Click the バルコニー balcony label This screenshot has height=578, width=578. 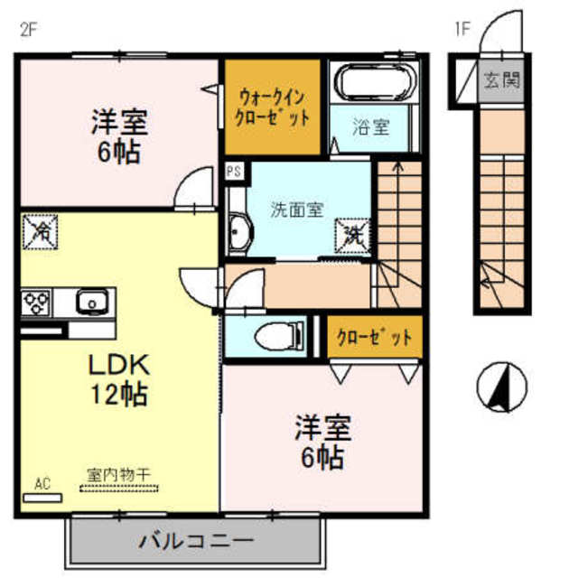[x=195, y=543]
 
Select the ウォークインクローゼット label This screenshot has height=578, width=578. [x=273, y=106]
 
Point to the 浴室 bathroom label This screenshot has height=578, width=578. [x=371, y=127]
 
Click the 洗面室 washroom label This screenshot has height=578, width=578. [x=297, y=209]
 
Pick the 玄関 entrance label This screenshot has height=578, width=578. [x=500, y=80]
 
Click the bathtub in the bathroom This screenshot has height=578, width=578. [x=373, y=84]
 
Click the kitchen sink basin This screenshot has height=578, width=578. [x=92, y=301]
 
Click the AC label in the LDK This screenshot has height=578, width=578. [x=42, y=484]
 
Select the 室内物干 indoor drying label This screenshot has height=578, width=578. [x=118, y=473]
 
